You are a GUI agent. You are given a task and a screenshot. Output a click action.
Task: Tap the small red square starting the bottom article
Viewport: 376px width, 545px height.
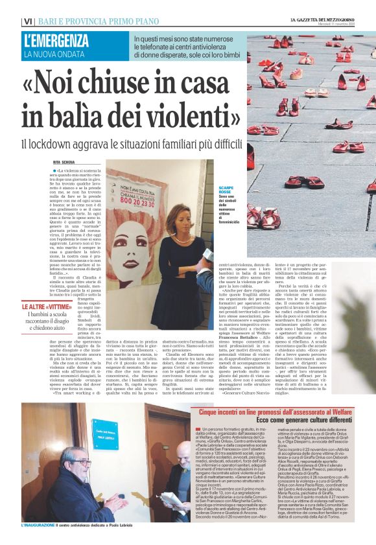(198, 412)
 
